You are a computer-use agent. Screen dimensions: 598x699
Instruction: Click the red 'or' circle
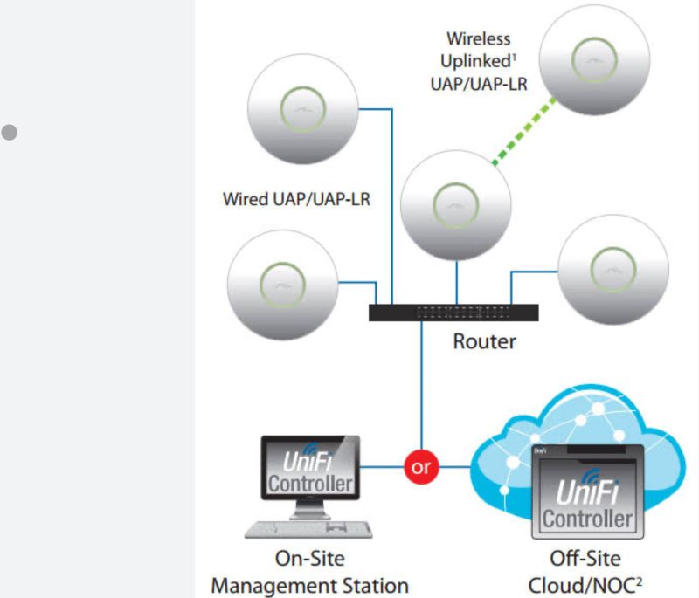click(x=421, y=467)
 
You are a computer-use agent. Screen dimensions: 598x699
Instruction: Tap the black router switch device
click(x=453, y=313)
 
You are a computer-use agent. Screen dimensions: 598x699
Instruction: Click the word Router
click(x=484, y=341)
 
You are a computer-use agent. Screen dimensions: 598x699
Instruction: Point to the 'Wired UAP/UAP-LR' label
click(x=295, y=200)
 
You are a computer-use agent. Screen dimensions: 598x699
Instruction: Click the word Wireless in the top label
click(x=478, y=39)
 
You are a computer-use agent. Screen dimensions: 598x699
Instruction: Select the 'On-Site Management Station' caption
click(x=309, y=573)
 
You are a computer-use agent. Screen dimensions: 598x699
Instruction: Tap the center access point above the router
click(x=455, y=205)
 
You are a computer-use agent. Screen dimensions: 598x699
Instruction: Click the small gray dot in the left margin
click(x=10, y=134)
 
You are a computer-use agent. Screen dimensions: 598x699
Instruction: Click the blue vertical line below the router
click(x=421, y=384)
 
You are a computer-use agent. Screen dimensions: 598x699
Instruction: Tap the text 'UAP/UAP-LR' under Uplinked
click(x=478, y=83)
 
